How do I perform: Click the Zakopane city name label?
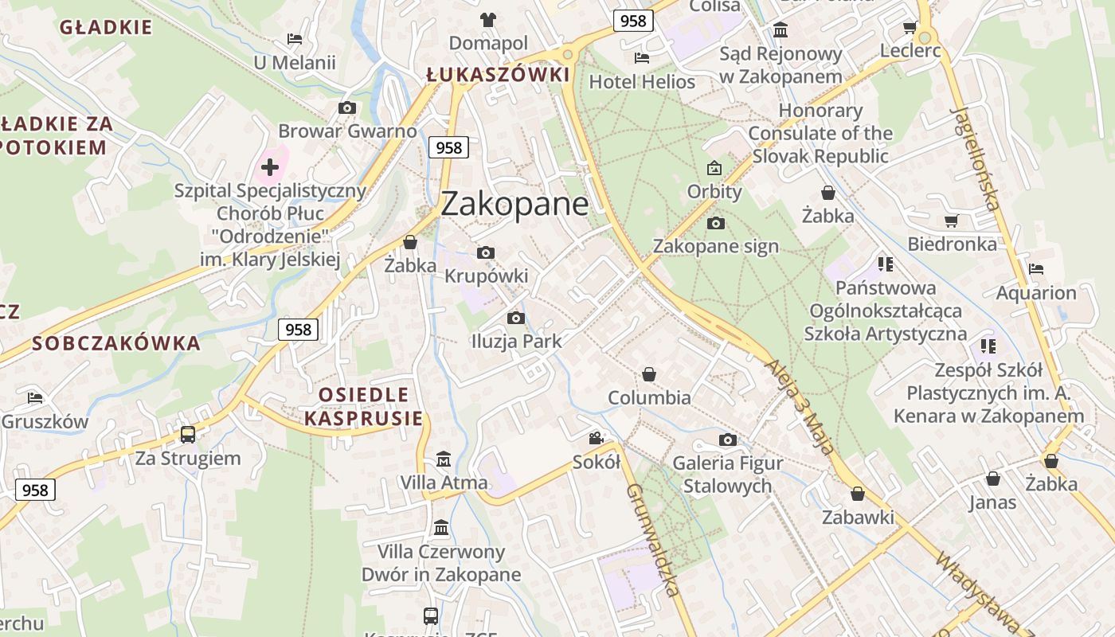pyautogui.click(x=514, y=204)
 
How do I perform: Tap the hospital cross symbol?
pyautogui.click(x=270, y=167)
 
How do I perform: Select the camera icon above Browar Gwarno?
pyautogui.click(x=346, y=108)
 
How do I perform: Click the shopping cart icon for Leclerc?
pyautogui.click(x=910, y=28)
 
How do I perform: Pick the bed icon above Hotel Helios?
pyautogui.click(x=641, y=58)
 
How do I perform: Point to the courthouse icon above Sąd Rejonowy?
pyautogui.click(x=780, y=30)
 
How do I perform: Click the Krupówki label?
pyautogui.click(x=486, y=276)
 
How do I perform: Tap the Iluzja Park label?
pyautogui.click(x=516, y=342)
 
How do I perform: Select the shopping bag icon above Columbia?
pyautogui.click(x=649, y=374)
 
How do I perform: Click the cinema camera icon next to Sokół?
pyautogui.click(x=596, y=438)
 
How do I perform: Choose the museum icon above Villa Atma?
pyautogui.click(x=444, y=459)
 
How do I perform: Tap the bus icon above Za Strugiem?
pyautogui.click(x=188, y=435)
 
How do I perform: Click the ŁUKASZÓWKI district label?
pyautogui.click(x=498, y=75)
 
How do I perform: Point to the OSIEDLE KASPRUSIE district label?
pyautogui.click(x=363, y=406)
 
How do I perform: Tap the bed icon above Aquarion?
pyautogui.click(x=1035, y=269)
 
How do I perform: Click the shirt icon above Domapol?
pyautogui.click(x=487, y=19)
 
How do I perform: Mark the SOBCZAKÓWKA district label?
pyautogui.click(x=116, y=344)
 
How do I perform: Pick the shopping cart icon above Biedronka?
pyautogui.click(x=951, y=221)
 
